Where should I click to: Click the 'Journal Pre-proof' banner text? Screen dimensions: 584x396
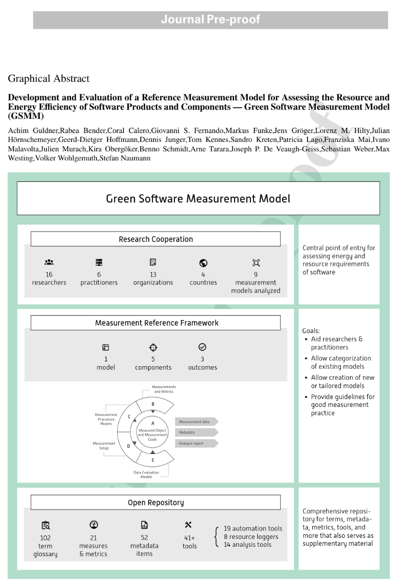(x=210, y=20)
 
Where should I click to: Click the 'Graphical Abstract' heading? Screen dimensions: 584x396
(x=49, y=79)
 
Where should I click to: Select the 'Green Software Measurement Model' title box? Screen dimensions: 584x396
(x=198, y=199)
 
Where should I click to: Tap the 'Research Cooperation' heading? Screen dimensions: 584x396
(x=156, y=239)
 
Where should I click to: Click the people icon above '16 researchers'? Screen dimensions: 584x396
(x=49, y=263)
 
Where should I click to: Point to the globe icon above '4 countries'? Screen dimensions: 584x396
(x=203, y=263)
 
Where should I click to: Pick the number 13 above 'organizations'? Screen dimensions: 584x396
(x=153, y=274)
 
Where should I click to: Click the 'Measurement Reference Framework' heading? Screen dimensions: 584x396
(x=156, y=323)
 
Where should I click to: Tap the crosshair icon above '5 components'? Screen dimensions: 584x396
(x=153, y=347)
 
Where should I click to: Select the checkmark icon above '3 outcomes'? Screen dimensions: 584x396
(x=202, y=347)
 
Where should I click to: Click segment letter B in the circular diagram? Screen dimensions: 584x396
(x=153, y=404)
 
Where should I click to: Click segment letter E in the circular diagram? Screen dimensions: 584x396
(x=153, y=460)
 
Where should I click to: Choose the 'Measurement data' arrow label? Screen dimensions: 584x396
(x=195, y=422)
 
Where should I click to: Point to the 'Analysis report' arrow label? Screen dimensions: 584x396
(x=195, y=443)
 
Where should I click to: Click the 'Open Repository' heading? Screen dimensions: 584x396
(x=156, y=503)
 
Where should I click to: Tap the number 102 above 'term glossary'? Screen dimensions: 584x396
(x=46, y=537)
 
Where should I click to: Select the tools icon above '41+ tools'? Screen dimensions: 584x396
(x=189, y=525)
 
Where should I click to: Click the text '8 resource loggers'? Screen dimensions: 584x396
(x=251, y=536)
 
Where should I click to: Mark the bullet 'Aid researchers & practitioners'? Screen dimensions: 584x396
(x=337, y=343)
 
